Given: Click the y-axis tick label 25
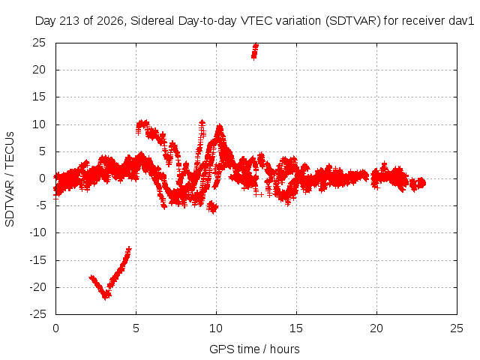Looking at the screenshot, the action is pyautogui.click(x=39, y=43).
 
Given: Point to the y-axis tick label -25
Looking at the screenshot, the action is pyautogui.click(x=37, y=314).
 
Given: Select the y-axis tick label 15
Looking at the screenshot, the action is pyautogui.click(x=39, y=97).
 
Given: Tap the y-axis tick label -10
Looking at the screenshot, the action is pyautogui.click(x=37, y=232).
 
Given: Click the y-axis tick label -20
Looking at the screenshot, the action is pyautogui.click(x=37, y=287).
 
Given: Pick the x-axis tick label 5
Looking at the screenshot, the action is pyautogui.click(x=136, y=328).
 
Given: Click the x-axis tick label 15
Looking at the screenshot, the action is pyautogui.click(x=296, y=328).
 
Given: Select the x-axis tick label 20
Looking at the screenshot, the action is pyautogui.click(x=376, y=328).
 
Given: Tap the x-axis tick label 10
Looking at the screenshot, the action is pyautogui.click(x=216, y=328).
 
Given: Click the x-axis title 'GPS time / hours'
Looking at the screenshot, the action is pyautogui.click(x=254, y=349).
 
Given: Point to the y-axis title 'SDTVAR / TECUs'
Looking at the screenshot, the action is pyautogui.click(x=10, y=179).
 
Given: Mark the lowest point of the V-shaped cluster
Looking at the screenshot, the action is pyautogui.click(x=106, y=296).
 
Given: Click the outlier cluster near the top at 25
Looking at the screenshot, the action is pyautogui.click(x=255, y=51).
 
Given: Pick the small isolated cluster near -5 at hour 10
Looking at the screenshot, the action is pyautogui.click(x=212, y=207).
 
